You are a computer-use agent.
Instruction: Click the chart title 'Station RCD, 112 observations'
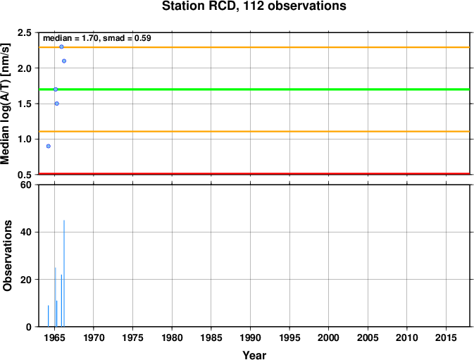click(x=254, y=6)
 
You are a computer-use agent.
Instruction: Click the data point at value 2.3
click(x=61, y=46)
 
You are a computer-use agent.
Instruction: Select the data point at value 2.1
click(x=64, y=61)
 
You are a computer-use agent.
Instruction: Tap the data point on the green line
click(x=56, y=89)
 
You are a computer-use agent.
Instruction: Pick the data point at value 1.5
click(x=57, y=104)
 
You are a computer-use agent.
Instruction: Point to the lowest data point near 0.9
click(x=49, y=146)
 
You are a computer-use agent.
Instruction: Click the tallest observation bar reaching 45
click(x=64, y=273)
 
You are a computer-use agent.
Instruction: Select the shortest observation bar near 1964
click(x=48, y=316)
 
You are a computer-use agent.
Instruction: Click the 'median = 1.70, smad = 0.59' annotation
click(x=97, y=38)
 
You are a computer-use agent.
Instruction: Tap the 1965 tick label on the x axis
click(x=54, y=337)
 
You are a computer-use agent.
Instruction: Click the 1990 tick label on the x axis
click(x=250, y=337)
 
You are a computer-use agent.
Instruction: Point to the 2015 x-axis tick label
click(x=447, y=337)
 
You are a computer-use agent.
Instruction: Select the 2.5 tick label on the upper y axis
click(x=25, y=32)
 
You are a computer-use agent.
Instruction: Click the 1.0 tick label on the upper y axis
click(x=25, y=139)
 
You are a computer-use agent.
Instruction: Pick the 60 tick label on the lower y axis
click(x=26, y=185)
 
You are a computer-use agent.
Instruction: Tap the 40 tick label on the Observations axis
click(x=26, y=232)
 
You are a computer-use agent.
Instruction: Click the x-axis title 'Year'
click(x=254, y=355)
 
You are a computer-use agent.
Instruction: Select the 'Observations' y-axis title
click(x=7, y=256)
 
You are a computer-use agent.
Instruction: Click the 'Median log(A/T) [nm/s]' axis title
click(x=5, y=104)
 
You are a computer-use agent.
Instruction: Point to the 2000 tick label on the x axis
click(x=329, y=337)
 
